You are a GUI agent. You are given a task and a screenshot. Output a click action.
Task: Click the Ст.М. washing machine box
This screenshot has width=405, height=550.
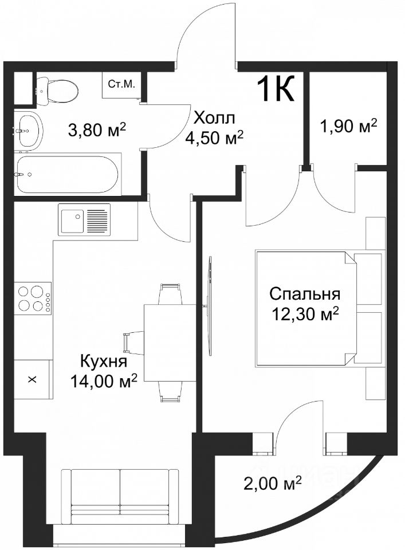121,85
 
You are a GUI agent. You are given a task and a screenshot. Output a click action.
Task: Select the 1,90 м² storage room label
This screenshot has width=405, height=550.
348,126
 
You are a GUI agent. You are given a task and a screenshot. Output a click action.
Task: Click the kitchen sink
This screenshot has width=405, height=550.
84,221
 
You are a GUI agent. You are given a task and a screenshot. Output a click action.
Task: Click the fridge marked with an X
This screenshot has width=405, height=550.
33,379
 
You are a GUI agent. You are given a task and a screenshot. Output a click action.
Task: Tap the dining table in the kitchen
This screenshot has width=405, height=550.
170,343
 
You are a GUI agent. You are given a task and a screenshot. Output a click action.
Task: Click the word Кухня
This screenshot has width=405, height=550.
104,361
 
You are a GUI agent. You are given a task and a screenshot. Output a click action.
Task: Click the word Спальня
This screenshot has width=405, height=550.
305,294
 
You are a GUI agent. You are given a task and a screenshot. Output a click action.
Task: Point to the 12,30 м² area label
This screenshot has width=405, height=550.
304,313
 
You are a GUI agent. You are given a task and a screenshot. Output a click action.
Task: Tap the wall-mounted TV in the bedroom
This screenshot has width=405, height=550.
210,306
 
